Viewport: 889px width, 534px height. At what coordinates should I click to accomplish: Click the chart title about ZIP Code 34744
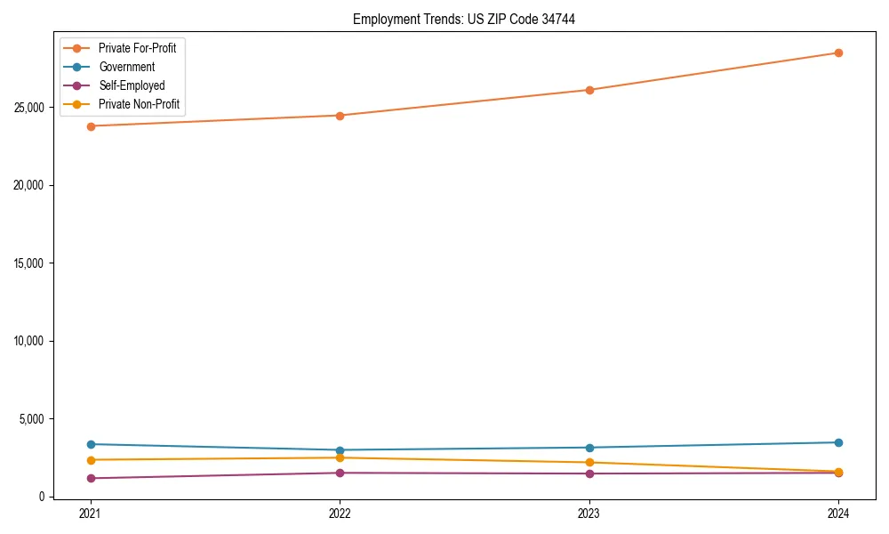pyautogui.click(x=463, y=20)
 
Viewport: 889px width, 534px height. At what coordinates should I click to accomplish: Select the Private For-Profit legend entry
pyautogui.click(x=137, y=48)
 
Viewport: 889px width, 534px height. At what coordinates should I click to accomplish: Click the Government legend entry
pyautogui.click(x=126, y=67)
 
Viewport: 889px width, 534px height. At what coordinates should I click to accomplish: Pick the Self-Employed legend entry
pyautogui.click(x=132, y=85)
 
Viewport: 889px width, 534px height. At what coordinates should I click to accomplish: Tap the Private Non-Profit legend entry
pyautogui.click(x=139, y=104)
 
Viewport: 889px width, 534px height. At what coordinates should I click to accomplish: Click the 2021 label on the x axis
pyautogui.click(x=90, y=513)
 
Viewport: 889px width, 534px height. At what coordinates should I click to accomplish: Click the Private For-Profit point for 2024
pyautogui.click(x=838, y=53)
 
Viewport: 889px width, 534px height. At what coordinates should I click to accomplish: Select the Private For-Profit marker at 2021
pyautogui.click(x=90, y=126)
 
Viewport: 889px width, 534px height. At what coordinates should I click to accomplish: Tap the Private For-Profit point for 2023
pyautogui.click(x=589, y=90)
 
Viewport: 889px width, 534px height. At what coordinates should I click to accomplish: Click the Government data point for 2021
pyautogui.click(x=90, y=444)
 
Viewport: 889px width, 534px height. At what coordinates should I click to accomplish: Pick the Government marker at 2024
pyautogui.click(x=838, y=442)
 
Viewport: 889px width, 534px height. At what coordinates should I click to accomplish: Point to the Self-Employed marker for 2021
pyautogui.click(x=90, y=478)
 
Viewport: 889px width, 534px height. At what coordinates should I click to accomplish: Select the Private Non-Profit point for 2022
pyautogui.click(x=340, y=457)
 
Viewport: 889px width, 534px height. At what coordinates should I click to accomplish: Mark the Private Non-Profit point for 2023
pyautogui.click(x=589, y=463)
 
